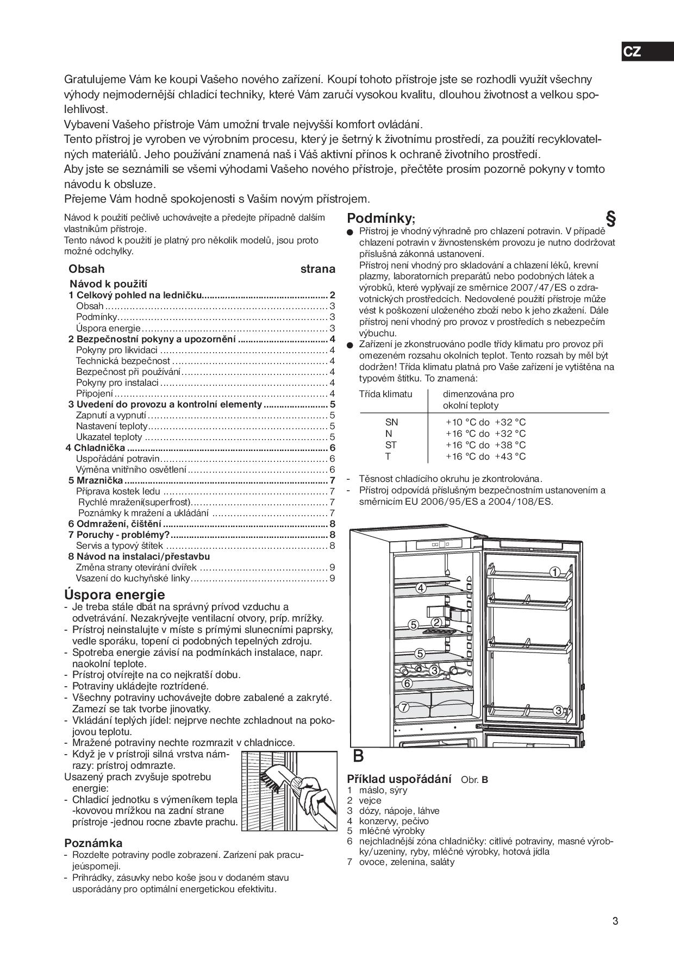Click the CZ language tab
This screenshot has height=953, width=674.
632,52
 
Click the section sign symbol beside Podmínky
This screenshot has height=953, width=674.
610,219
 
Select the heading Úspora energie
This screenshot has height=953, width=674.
114,594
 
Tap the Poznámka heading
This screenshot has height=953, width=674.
93,843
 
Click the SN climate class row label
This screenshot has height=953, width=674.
391,422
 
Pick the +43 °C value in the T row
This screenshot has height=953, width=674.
510,456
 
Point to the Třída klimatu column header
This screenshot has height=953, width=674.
385,394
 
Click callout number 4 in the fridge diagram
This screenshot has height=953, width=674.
421,588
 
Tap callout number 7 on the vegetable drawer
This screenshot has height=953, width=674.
403,707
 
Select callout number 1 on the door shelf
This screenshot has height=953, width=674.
554,572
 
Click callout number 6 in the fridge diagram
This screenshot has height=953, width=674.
407,684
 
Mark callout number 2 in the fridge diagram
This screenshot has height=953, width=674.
436,622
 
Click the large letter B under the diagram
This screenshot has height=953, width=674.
358,756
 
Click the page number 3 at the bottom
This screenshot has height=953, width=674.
615,921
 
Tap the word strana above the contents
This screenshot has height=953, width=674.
317,269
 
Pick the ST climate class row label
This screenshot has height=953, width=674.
391,445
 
